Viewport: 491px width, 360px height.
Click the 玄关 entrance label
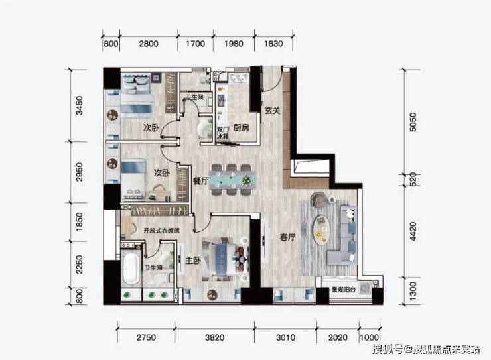point(272,111)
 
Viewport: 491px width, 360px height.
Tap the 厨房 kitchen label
point(241,127)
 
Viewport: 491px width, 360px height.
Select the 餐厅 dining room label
point(201,180)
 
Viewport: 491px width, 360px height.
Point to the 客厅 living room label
point(287,237)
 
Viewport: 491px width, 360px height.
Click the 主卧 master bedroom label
point(193,261)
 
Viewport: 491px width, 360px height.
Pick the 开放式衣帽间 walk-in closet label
point(161,231)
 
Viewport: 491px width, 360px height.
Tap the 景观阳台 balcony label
point(344,290)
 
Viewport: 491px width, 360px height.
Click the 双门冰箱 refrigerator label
point(223,133)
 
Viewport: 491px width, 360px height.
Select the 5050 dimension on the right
point(413,122)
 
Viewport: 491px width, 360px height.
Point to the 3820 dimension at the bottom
point(214,337)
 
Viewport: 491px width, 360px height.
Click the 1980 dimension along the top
point(234,44)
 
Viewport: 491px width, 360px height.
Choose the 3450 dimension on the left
point(80,105)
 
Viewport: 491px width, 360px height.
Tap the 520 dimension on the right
point(413,180)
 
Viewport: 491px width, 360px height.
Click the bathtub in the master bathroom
point(131,269)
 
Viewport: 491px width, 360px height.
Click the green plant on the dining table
point(247,180)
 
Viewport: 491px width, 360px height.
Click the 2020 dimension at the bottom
point(338,337)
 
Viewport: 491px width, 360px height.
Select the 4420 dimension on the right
point(413,231)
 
